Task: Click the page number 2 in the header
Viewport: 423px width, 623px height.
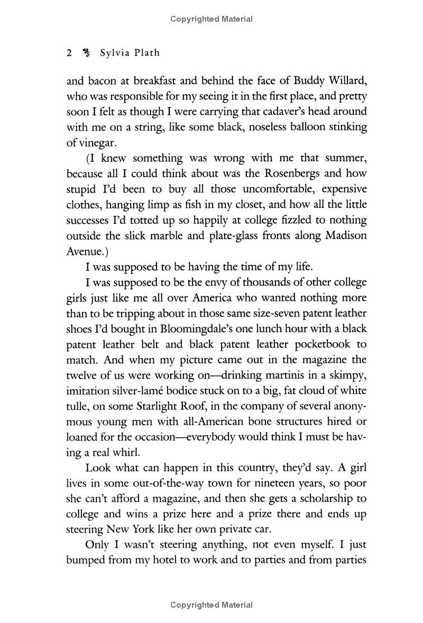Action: point(69,53)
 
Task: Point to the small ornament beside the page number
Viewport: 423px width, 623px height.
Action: point(87,53)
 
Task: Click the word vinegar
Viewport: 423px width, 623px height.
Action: point(100,143)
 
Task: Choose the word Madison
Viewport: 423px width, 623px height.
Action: point(343,234)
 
